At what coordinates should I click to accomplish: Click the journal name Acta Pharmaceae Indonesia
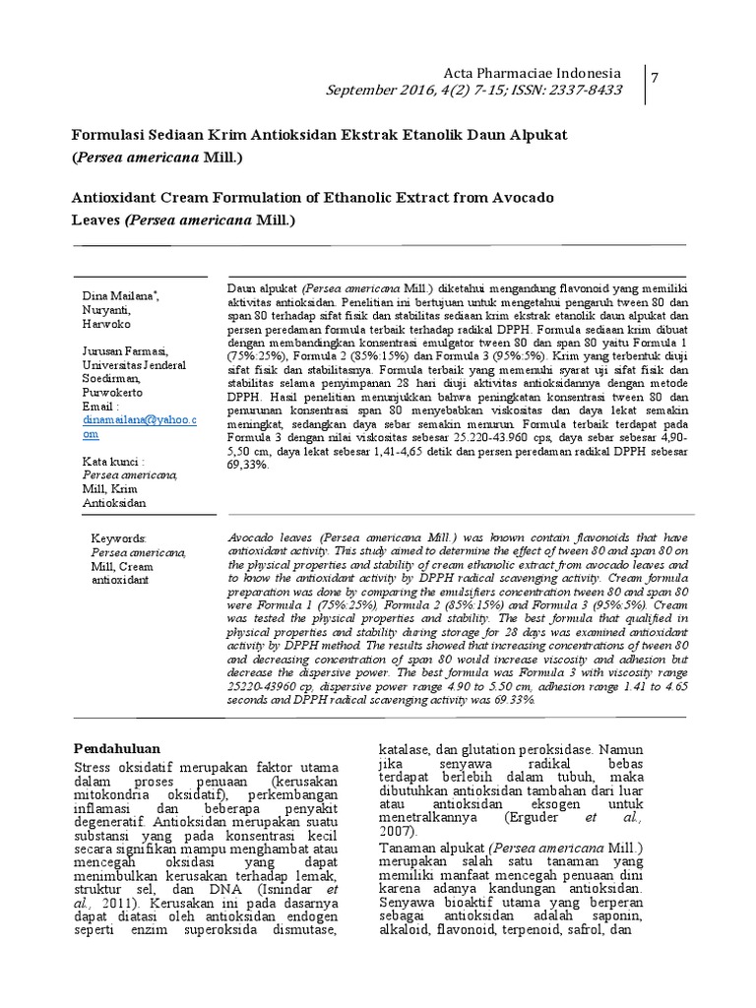pyautogui.click(x=533, y=74)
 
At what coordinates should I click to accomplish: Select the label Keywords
pyautogui.click(x=117, y=538)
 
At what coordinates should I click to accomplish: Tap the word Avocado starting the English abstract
pyautogui.click(x=252, y=539)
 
